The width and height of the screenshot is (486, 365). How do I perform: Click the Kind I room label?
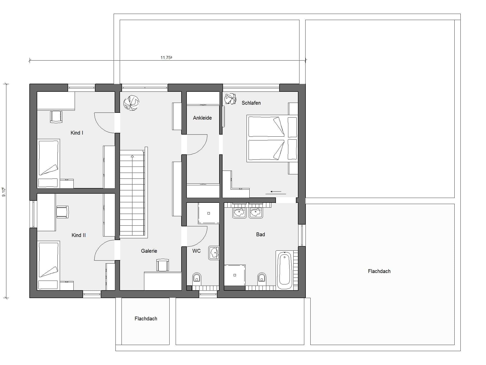[77, 133]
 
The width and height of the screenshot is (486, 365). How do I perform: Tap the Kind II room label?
[78, 235]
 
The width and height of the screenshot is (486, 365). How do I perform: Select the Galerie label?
[149, 251]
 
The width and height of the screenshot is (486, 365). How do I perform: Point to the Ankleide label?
[202, 118]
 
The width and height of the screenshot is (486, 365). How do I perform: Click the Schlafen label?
[251, 103]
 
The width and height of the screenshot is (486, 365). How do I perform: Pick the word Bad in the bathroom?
[260, 234]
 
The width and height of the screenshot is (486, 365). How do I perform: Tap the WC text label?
[196, 251]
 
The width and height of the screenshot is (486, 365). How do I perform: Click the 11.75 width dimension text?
[166, 58]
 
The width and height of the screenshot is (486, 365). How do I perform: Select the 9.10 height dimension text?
[4, 192]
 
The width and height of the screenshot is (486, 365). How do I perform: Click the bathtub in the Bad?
[285, 270]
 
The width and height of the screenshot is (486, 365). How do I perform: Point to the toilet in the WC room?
[197, 278]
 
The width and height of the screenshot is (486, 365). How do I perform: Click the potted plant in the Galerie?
[131, 103]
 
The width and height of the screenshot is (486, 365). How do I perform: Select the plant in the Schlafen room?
[230, 99]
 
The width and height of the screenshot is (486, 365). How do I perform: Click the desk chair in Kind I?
[56, 117]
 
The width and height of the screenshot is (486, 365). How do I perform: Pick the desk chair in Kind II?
[62, 212]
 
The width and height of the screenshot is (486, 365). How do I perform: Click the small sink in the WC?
[214, 253]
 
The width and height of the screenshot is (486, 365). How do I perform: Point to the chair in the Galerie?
[163, 265]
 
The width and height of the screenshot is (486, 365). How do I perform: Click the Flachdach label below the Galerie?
[146, 319]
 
